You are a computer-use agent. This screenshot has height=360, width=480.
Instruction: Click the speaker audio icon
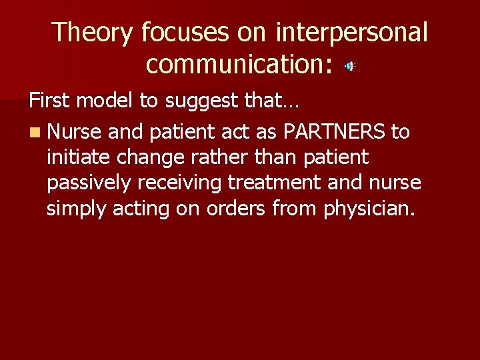(x=350, y=65)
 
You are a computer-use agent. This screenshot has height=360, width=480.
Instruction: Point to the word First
(x=51, y=101)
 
